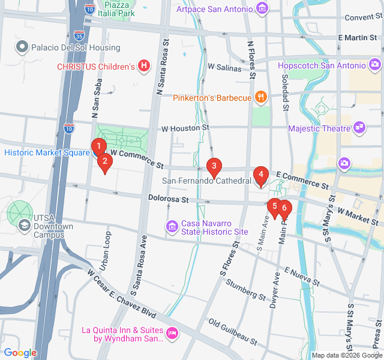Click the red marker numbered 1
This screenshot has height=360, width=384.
tap(99, 146)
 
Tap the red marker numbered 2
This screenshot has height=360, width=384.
tap(105, 161)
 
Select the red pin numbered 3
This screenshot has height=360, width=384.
tap(214, 166)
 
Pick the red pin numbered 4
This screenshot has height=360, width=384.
tap(260, 175)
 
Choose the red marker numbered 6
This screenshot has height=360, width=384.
tap(284, 209)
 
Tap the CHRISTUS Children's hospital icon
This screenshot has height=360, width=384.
tap(143, 66)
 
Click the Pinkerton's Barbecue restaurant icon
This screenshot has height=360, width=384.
tap(260, 97)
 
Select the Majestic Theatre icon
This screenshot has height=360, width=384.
tap(360, 128)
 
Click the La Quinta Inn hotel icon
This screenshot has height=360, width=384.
tap(172, 332)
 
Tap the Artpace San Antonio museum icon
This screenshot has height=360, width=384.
tap(262, 8)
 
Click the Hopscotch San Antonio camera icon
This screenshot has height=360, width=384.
tap(375, 64)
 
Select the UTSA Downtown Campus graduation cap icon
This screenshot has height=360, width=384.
tap(25, 226)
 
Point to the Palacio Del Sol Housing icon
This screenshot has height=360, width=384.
tap(23, 47)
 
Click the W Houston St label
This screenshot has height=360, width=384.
tap(185, 128)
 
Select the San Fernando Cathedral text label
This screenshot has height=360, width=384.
tap(206, 181)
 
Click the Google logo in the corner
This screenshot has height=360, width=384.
tap(20, 353)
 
